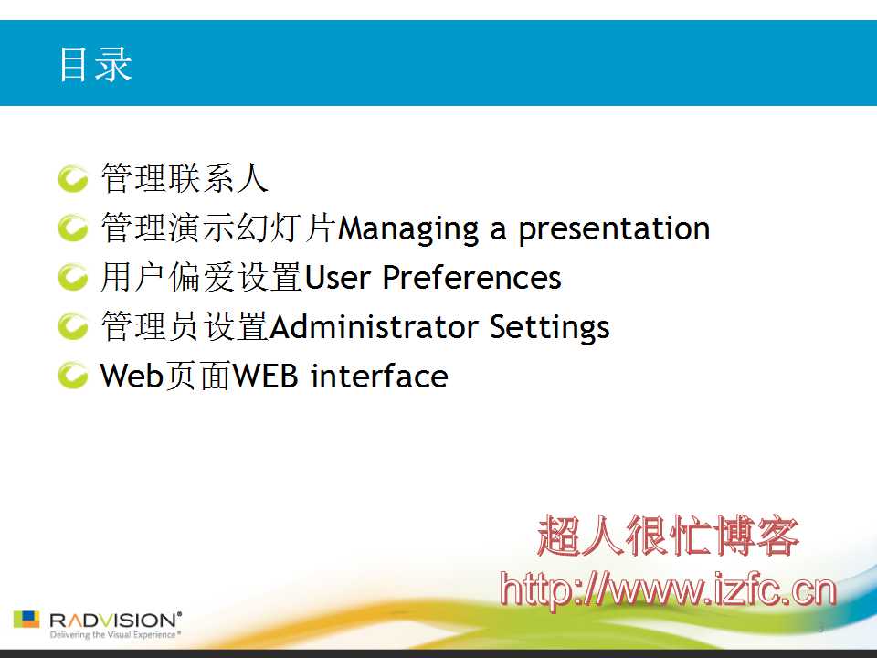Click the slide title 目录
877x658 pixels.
[x=95, y=64]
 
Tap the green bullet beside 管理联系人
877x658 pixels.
[x=73, y=178]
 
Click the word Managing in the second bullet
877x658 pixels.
[x=408, y=229]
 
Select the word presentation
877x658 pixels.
[x=614, y=229]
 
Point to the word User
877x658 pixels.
[x=337, y=278]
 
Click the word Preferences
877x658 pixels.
[x=472, y=278]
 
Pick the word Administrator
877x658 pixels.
[x=374, y=327]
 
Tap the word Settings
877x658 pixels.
[x=549, y=328]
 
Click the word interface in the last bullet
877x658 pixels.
[x=379, y=376]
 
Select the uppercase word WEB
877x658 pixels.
[x=265, y=376]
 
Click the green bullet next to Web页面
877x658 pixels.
[x=73, y=376]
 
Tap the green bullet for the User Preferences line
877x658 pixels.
[x=73, y=277]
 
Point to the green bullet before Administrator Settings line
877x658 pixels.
[x=73, y=326]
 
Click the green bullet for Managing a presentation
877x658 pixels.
[x=73, y=228]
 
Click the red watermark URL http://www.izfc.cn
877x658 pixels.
[x=668, y=590]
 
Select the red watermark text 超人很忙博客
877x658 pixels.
[x=668, y=536]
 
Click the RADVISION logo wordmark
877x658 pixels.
[x=115, y=620]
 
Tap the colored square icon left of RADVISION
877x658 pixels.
[x=26, y=620]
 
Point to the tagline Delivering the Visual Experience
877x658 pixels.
[x=115, y=635]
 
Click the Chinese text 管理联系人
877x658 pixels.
[x=185, y=178]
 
